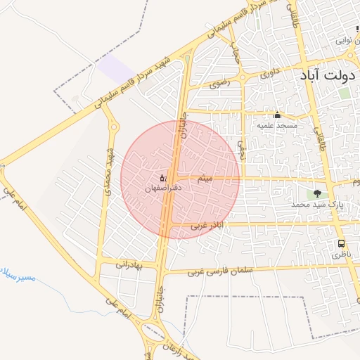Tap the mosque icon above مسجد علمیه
coord(277,115)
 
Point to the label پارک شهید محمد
coord(319,205)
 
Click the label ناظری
coord(340,253)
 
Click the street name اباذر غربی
coord(207,226)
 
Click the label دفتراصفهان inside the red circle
coord(163,188)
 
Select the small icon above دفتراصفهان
coord(163,177)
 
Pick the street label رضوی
coord(219,83)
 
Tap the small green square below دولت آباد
coord(344,93)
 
